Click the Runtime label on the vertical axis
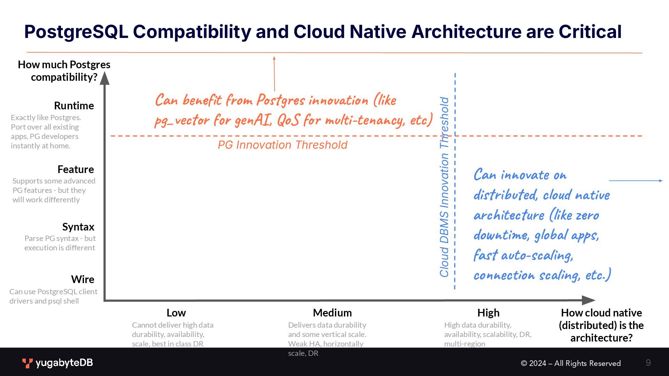(74, 105)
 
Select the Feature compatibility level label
(76, 169)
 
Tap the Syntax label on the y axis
(78, 227)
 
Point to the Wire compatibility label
(83, 279)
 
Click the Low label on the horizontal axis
(176, 313)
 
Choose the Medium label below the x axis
(332, 313)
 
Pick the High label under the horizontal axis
(488, 313)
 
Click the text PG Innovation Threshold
(283, 145)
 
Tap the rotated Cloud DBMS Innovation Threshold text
(444, 187)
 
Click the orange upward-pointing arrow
(274, 73)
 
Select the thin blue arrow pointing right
(636, 181)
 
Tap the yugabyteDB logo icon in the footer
(27, 363)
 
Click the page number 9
(648, 363)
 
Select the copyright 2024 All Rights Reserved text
(570, 363)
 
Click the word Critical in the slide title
(590, 32)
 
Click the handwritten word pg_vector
(182, 120)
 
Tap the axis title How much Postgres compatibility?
(64, 71)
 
